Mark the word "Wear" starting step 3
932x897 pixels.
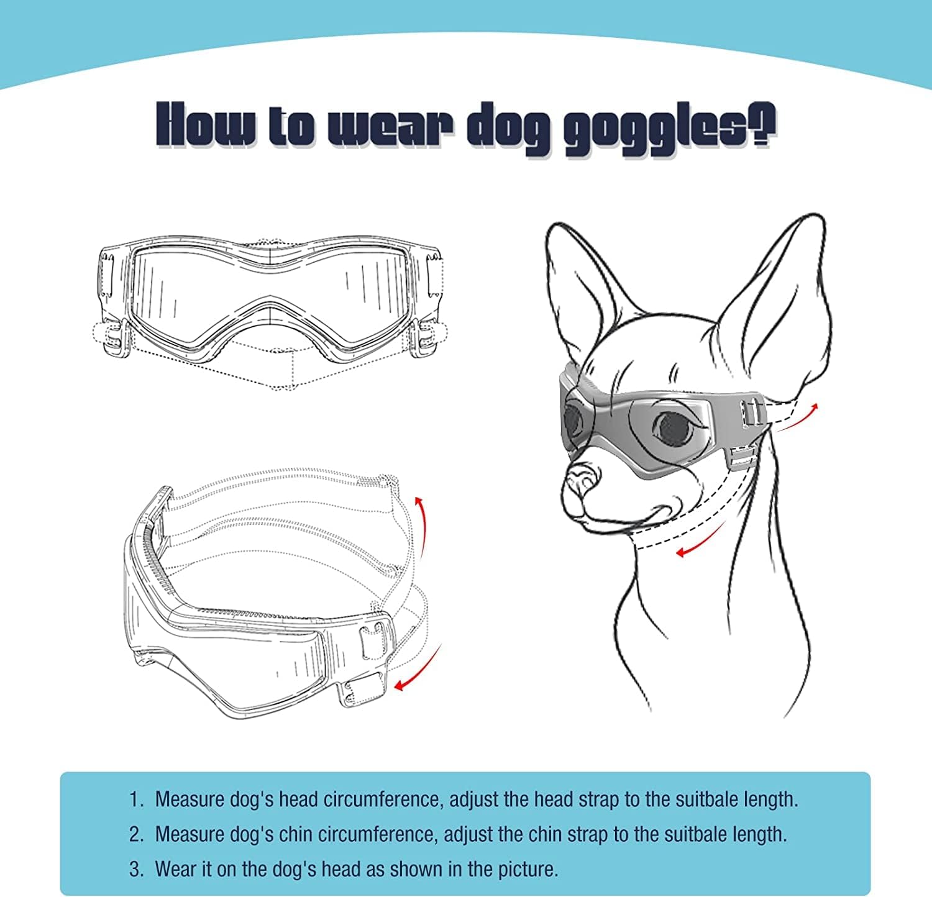point(173,868)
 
